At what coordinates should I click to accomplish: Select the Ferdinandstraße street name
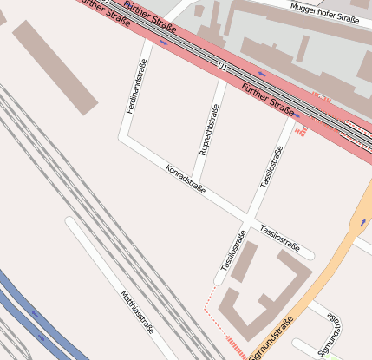[136, 90]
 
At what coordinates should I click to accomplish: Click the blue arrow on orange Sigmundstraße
[362, 224]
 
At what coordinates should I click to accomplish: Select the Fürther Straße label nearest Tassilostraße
[268, 98]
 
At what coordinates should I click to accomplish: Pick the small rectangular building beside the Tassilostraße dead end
[244, 261]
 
